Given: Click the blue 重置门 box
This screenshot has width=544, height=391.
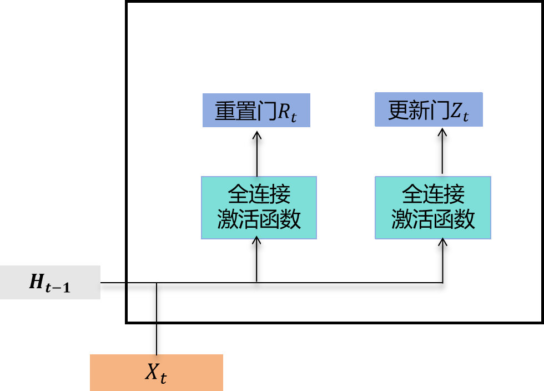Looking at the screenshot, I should pos(256,110).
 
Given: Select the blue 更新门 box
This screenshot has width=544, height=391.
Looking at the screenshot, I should pos(429,109).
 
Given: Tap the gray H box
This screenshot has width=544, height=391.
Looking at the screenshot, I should pos(50,282).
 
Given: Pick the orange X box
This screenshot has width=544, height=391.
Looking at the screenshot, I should pos(157,372).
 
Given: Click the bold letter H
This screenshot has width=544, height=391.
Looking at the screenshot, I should pos(37,283).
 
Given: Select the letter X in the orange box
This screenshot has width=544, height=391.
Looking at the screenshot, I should pos(152,372).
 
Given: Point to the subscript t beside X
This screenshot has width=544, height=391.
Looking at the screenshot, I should pos(163,378).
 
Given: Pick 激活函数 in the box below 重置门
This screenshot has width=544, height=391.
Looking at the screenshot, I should pos(259,219).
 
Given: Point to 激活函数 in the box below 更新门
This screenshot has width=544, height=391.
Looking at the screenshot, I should pos(433,219).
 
